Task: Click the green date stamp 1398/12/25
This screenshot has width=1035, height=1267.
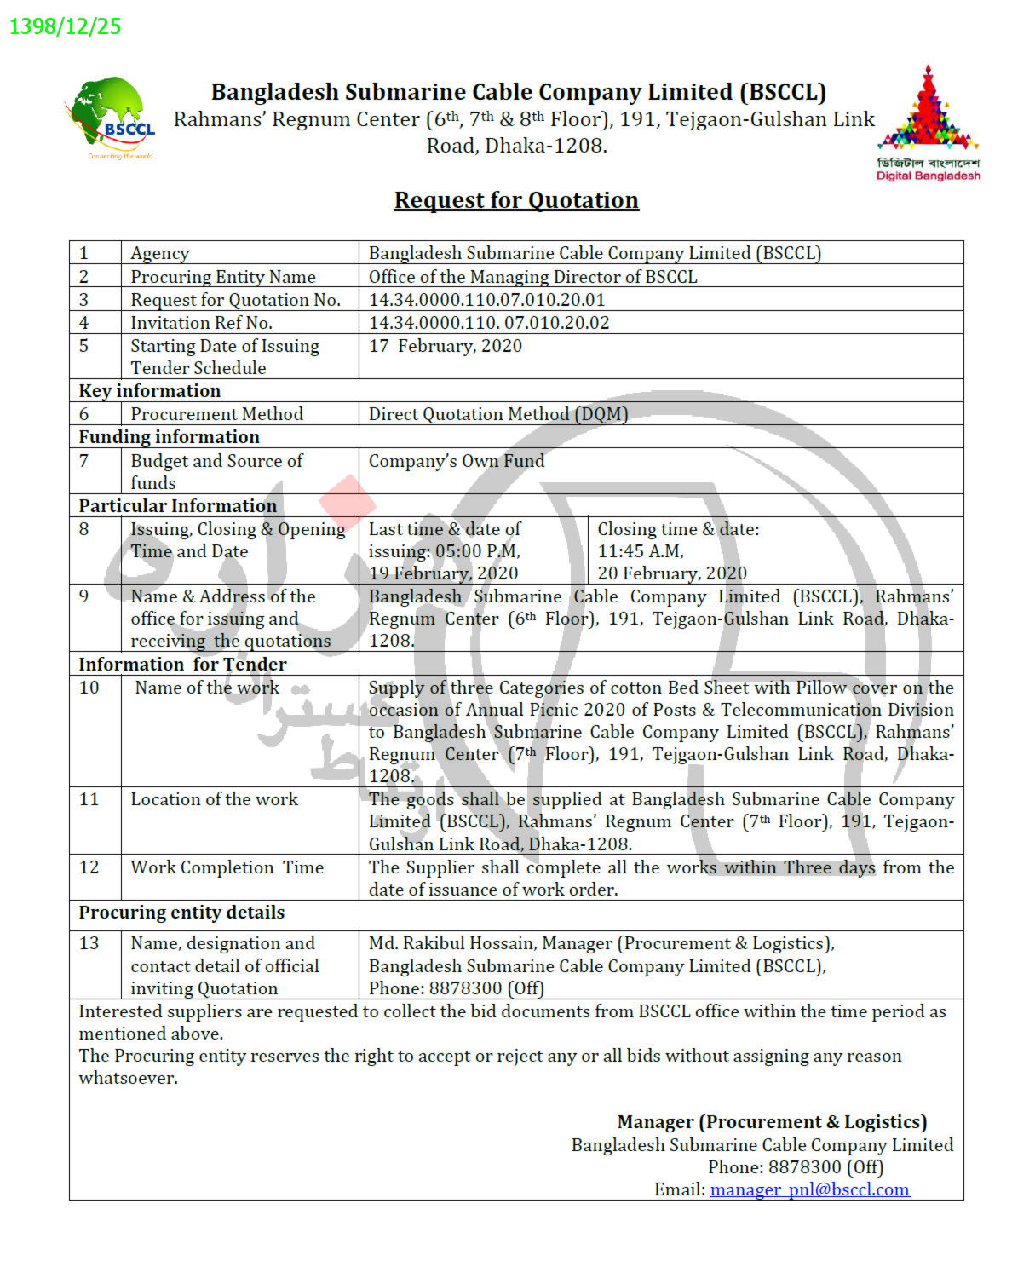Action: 65,26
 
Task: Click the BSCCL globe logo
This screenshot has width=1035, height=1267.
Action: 111,118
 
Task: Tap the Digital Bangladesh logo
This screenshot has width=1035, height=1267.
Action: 928,124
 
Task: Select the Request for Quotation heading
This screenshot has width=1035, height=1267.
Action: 516,200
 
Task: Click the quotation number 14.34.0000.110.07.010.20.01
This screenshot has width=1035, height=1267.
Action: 486,300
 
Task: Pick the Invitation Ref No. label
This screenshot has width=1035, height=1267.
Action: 201,323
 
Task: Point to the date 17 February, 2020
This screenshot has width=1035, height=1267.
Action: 445,346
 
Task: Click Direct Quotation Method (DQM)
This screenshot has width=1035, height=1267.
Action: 498,414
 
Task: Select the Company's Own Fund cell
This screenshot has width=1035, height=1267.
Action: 457,461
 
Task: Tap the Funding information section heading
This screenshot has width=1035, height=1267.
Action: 170,437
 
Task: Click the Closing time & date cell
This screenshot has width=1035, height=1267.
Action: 677,550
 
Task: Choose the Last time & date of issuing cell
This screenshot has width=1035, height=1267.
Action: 445,550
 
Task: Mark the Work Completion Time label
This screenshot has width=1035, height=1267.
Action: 227,867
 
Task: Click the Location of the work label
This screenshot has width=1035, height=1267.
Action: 214,799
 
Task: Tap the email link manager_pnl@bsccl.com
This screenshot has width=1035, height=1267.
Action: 809,1189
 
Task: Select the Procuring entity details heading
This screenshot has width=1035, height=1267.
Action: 181,913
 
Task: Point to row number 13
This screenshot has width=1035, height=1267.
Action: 89,943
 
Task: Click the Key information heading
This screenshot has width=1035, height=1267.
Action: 150,391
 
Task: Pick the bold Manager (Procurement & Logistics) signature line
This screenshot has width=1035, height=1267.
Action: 772,1122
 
